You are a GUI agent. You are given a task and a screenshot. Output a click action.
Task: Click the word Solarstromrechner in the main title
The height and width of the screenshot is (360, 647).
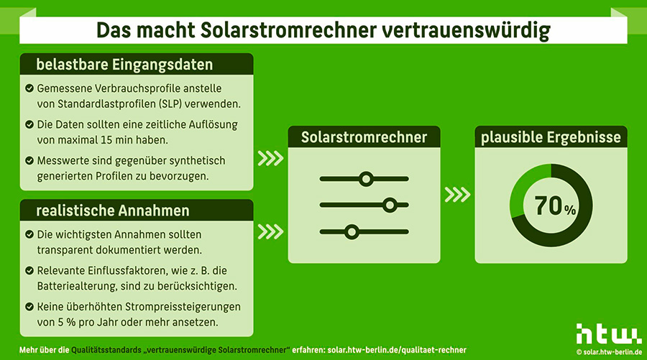(288, 30)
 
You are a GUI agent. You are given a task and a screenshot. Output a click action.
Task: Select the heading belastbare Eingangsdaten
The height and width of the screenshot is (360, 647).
(124, 65)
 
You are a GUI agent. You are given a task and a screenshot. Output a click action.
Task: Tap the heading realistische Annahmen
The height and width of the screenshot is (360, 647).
(113, 211)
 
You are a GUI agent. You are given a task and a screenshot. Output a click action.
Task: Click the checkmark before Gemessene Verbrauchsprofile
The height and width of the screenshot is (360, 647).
(29, 88)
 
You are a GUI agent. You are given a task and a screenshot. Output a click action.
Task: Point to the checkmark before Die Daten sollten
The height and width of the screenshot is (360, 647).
(29, 124)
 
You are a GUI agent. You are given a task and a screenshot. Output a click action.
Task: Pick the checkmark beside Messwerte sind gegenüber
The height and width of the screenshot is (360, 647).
(29, 160)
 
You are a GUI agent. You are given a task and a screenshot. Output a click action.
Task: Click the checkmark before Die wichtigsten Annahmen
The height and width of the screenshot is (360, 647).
(29, 234)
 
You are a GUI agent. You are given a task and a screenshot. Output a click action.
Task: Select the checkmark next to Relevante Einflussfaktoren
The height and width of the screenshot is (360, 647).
(29, 270)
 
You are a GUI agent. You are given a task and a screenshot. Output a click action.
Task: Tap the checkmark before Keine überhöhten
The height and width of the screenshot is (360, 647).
(29, 307)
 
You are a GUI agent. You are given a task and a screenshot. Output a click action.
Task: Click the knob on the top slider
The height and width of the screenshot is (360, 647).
(366, 179)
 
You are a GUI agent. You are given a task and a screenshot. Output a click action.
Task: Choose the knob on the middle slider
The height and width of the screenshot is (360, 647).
(390, 205)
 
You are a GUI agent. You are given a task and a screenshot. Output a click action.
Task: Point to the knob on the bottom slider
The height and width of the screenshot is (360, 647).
(352, 232)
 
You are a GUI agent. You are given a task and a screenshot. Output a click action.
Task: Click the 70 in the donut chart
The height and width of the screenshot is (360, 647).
(549, 206)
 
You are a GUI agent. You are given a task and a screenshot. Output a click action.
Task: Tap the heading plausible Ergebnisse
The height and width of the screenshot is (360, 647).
(551, 137)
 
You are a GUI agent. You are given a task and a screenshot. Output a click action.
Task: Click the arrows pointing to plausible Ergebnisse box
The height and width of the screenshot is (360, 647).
(458, 195)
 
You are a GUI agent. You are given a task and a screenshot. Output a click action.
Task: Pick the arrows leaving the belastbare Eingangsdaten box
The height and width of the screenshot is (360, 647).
(271, 158)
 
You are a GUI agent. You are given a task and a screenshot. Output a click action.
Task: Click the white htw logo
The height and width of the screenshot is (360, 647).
(609, 333)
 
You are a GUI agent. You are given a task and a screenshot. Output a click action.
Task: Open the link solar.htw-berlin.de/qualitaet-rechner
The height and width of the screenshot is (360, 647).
(397, 350)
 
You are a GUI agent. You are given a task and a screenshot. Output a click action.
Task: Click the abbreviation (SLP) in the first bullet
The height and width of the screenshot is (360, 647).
(172, 104)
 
